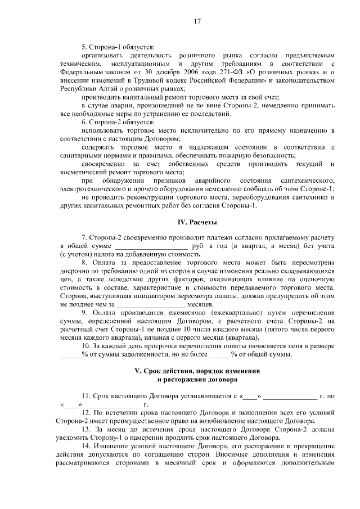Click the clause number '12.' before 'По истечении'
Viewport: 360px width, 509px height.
coord(87,412)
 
